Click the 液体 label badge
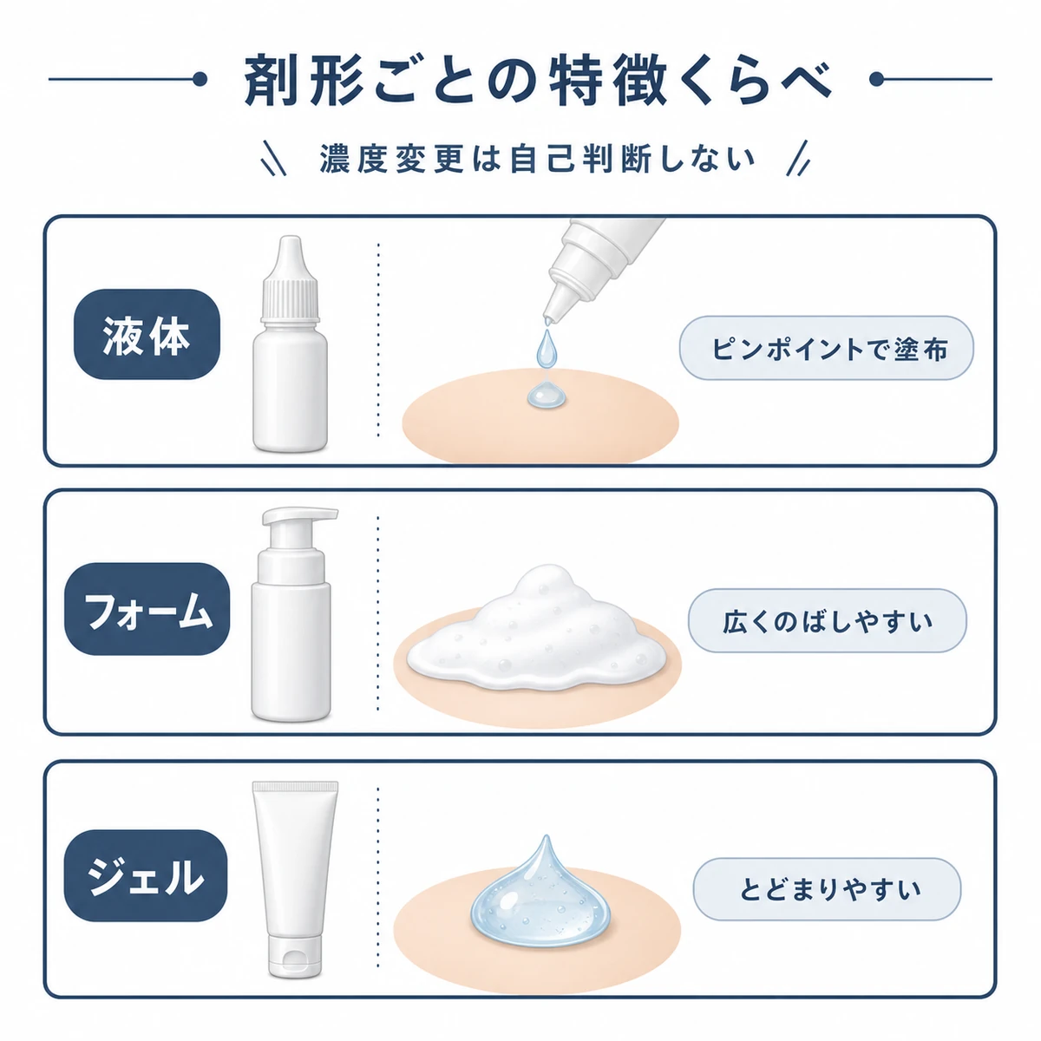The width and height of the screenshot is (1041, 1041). coord(147,334)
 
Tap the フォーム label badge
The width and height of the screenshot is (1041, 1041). coord(147,609)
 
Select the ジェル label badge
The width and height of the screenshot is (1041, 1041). coord(146,875)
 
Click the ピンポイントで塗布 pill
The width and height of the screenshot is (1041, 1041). coord(826,349)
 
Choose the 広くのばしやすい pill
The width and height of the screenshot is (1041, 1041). coord(827,621)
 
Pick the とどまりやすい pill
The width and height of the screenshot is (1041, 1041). coord(827,888)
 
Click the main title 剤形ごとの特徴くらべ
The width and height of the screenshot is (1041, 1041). coord(538,79)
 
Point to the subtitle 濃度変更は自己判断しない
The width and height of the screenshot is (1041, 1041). coord(537,158)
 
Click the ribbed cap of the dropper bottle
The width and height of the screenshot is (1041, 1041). coord(290,298)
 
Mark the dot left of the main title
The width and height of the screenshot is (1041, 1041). coord(200,80)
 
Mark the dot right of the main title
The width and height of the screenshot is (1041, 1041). coord(876,80)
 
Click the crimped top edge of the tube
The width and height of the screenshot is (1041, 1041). coord(295,787)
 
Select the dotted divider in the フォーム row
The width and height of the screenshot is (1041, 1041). coord(377,613)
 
